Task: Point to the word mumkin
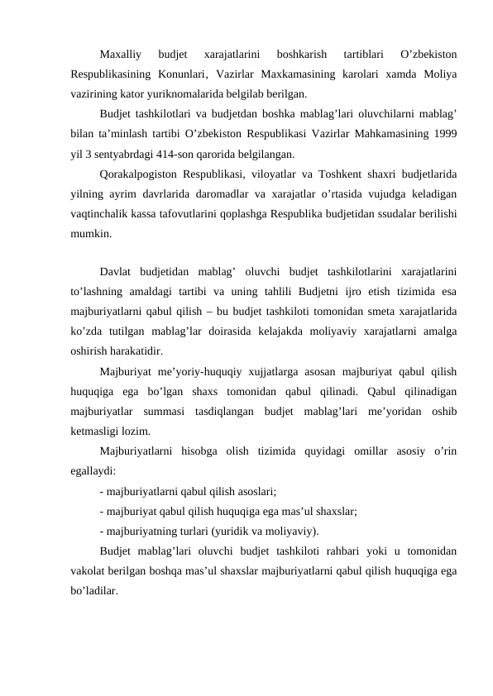click(x=89, y=233)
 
